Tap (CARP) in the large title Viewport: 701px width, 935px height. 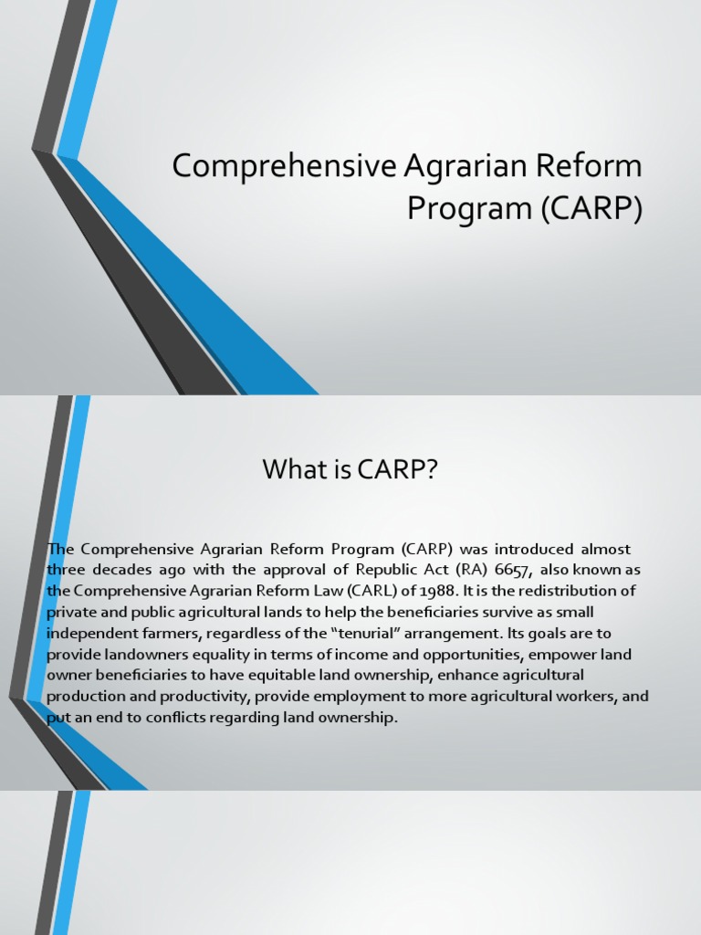click(592, 209)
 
